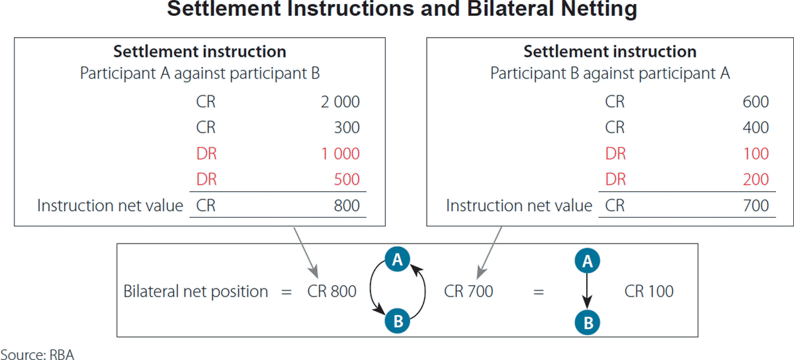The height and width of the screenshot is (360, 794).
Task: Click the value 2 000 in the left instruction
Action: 340,102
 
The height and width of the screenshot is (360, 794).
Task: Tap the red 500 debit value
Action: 347,179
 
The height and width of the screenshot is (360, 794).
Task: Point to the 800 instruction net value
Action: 347,206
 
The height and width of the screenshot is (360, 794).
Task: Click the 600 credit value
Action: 756,102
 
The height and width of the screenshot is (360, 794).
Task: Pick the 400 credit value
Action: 756,128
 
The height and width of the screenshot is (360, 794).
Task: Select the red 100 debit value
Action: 756,154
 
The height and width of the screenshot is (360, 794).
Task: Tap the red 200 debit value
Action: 756,179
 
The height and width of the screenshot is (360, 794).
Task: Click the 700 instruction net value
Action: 756,206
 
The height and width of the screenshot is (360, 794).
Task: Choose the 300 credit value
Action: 347,128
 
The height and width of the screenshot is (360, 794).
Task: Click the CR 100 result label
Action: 649,291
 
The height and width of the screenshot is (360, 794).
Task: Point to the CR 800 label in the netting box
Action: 331,291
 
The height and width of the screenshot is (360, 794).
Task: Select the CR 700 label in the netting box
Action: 468,291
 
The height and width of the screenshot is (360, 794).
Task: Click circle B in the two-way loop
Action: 398,322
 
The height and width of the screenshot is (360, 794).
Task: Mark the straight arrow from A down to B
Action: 587,291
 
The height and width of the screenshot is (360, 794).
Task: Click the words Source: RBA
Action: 37,353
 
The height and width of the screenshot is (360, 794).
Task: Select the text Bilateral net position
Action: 196,291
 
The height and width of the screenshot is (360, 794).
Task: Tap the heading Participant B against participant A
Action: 609,73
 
